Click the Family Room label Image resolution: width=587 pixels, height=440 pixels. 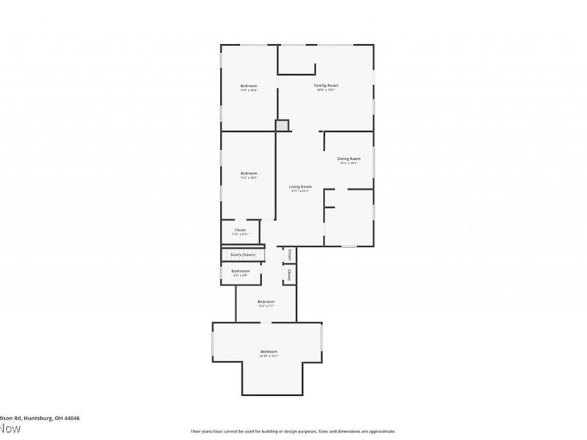tap(326, 87)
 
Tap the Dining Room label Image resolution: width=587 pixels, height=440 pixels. tap(349, 158)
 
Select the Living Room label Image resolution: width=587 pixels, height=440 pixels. tap(300, 187)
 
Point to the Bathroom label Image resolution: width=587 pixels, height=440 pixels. tap(241, 271)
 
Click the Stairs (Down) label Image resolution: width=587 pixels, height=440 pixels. tap(243, 254)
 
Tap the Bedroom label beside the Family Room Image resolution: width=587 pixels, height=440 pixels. tap(249, 87)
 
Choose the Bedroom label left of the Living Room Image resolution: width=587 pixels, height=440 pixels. tap(249, 173)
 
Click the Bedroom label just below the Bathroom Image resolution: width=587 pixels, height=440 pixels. tap(266, 302)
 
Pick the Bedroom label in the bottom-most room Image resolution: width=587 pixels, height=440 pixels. tap(269, 352)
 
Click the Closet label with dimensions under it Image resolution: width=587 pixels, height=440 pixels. tap(240, 230)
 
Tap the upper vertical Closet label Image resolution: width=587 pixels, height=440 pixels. tap(290, 255)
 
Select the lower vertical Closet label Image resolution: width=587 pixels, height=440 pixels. tap(290, 276)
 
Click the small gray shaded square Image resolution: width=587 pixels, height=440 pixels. tap(282, 125)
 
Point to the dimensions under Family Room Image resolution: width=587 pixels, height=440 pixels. tap(326, 91)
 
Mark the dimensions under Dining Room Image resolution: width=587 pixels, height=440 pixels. tap(349, 163)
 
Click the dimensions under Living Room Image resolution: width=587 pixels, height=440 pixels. tap(300, 191)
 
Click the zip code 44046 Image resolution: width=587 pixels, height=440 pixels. tap(71, 418)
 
